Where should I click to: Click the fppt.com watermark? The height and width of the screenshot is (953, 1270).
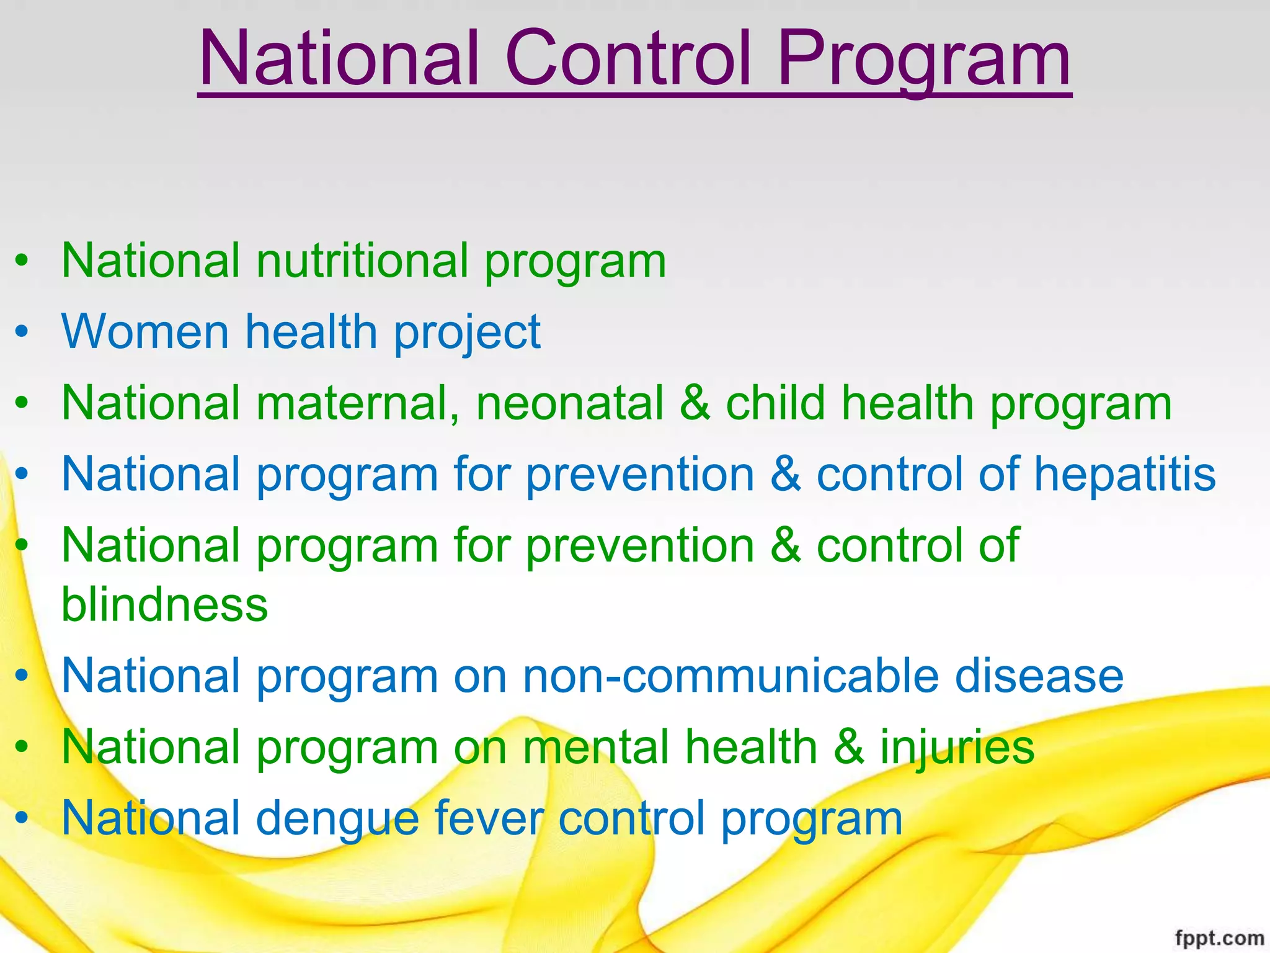point(1219,938)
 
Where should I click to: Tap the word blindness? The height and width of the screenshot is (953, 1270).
point(164,604)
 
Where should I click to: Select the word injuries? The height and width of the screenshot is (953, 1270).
point(957,748)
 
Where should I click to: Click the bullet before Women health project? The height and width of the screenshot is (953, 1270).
point(22,333)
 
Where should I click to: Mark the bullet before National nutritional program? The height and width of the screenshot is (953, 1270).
point(22,261)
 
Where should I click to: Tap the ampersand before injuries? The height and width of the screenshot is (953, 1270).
point(849,747)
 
